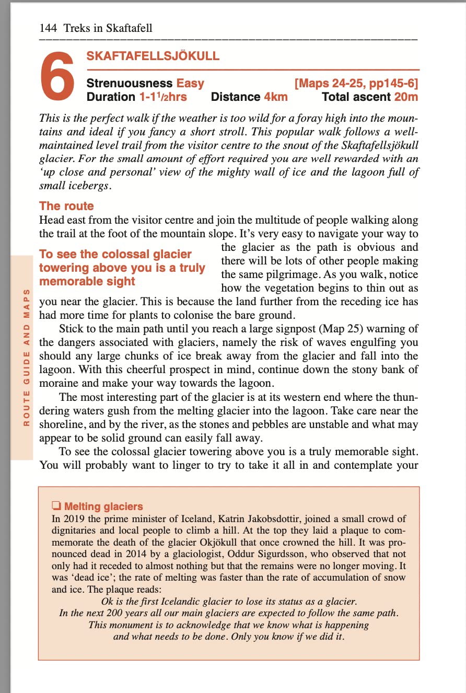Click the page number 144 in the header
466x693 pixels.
coord(49,28)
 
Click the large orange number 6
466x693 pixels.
coord(57,78)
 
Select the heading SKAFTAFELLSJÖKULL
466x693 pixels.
coord(153,56)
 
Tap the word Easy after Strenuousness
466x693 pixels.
coord(190,83)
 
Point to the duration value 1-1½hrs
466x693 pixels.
coord(162,97)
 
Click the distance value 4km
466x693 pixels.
coord(275,97)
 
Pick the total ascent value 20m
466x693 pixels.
coord(406,97)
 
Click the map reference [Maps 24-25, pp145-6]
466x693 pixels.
coord(356,83)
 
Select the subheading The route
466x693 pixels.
coord(66,206)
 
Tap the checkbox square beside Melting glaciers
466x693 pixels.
coord(56,506)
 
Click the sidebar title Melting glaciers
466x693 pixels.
coord(103,506)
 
